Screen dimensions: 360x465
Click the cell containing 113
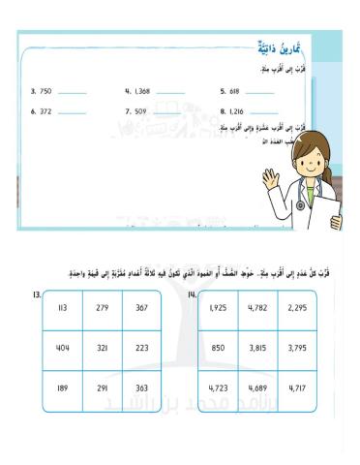tap(63, 308)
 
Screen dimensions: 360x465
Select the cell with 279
tap(103, 308)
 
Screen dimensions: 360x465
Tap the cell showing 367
tap(141, 308)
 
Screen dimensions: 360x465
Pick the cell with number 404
tap(63, 348)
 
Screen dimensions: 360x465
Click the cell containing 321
tap(103, 348)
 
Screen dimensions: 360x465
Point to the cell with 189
tap(63, 387)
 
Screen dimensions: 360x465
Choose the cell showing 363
tap(141, 387)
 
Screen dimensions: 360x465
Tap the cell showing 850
tap(218, 348)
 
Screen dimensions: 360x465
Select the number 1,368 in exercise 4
tap(143, 92)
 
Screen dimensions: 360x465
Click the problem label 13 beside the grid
tap(36, 293)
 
